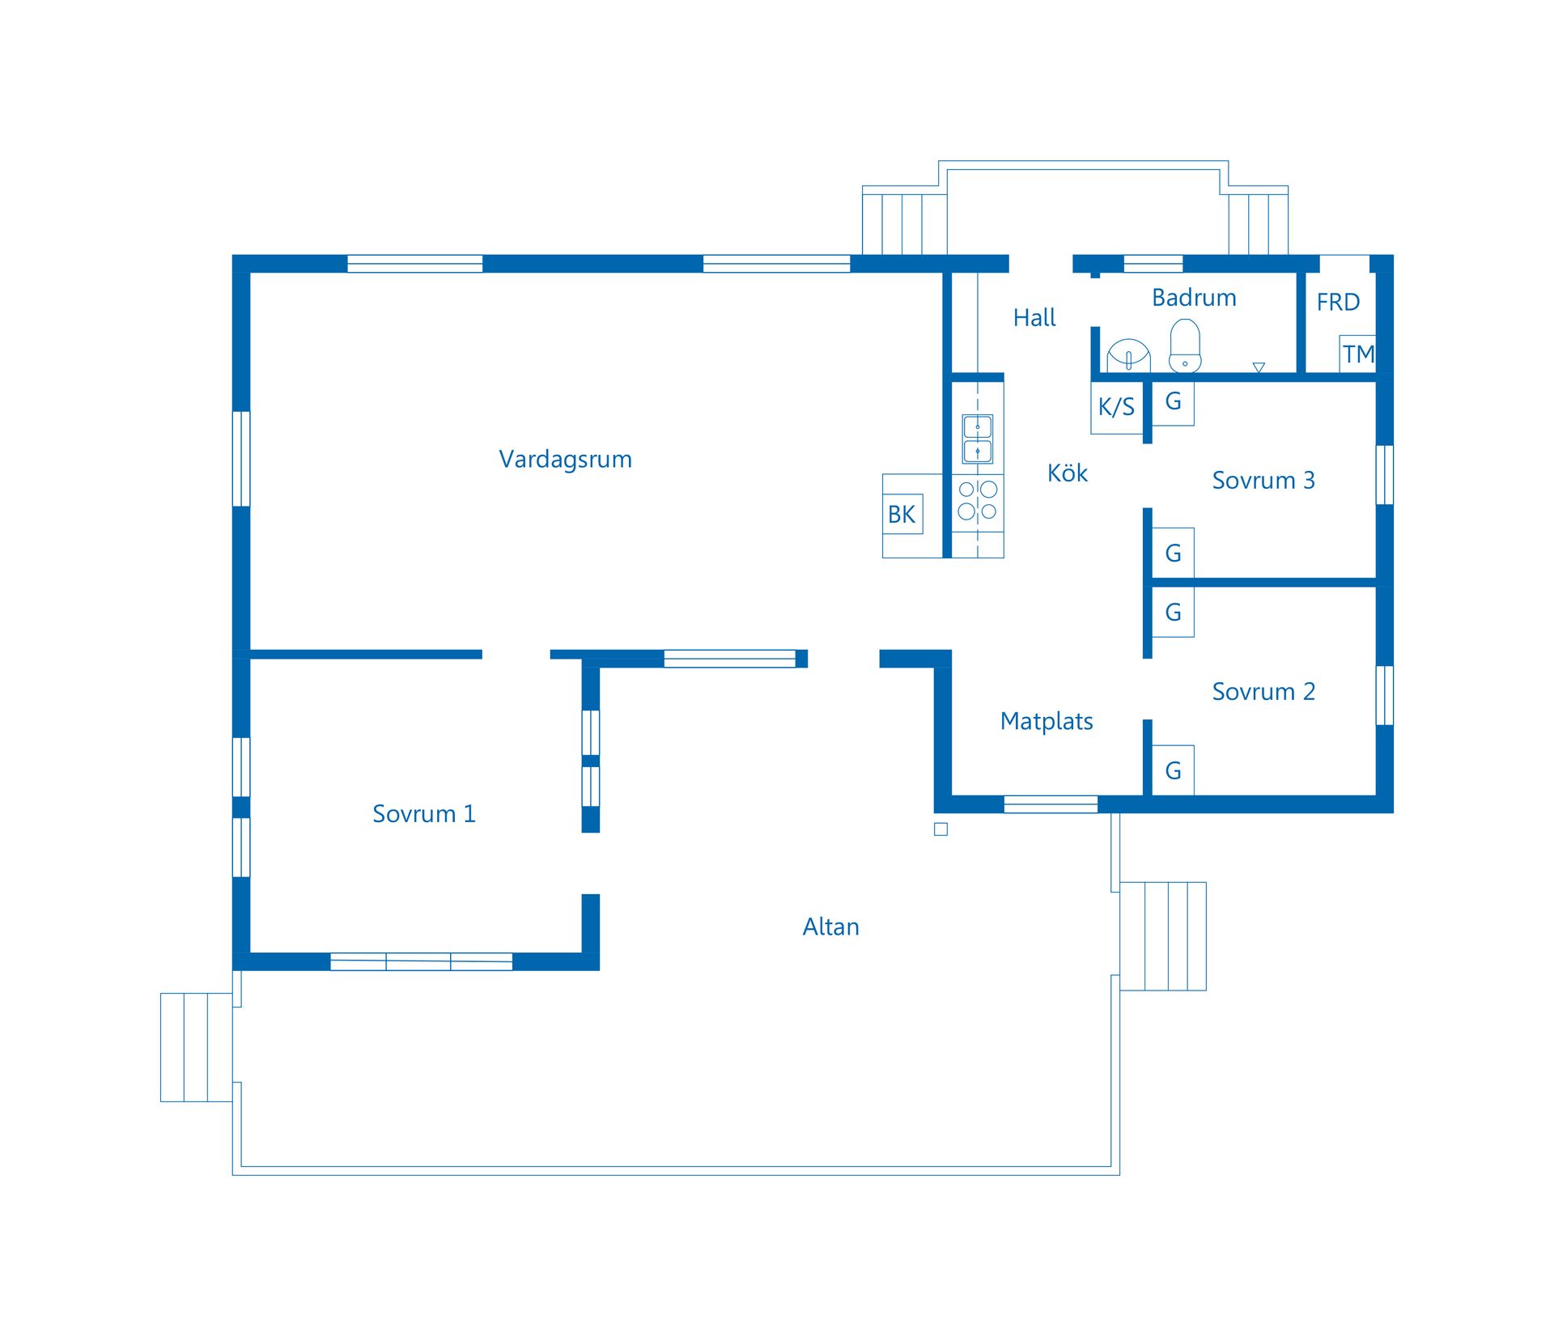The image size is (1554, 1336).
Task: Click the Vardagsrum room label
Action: pos(565,460)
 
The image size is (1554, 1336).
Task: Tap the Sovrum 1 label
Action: pos(423,814)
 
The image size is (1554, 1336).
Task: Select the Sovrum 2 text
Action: pos(1263,692)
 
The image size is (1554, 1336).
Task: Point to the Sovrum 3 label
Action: pos(1263,481)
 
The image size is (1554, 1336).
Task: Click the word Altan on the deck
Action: pos(830,927)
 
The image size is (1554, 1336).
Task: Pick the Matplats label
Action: pos(1047,721)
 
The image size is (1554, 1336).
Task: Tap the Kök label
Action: pos(1067,473)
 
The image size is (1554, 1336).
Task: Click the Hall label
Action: pos(1034,318)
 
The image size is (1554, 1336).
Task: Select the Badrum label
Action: pos(1194,298)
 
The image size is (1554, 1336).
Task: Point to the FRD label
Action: pos(1338,303)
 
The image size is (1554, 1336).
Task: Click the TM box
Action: pos(1357,354)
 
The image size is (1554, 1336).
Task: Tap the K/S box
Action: pos(1116,407)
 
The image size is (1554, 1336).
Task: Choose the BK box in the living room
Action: pos(902,515)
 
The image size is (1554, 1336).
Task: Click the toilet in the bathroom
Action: pos(1185,346)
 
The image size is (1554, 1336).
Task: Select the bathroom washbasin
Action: pos(1128,356)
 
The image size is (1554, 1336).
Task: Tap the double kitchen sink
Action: pos(978,439)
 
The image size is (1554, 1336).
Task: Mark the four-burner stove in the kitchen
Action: pos(978,500)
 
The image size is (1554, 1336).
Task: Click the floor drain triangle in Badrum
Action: pos(1259,367)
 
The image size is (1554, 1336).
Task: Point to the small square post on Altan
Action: pos(940,829)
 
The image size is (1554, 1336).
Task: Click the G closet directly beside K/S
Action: pos(1173,402)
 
